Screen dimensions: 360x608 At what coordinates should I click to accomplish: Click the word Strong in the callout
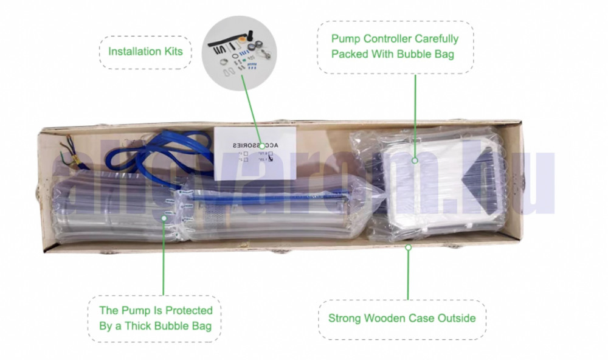pyautogui.click(x=347, y=318)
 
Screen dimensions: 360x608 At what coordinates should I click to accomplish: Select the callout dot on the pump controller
pyautogui.click(x=414, y=161)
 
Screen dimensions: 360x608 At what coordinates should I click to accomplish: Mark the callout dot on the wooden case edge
pyautogui.click(x=409, y=247)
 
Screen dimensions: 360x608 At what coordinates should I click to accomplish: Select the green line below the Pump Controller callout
pyautogui.click(x=415, y=116)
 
